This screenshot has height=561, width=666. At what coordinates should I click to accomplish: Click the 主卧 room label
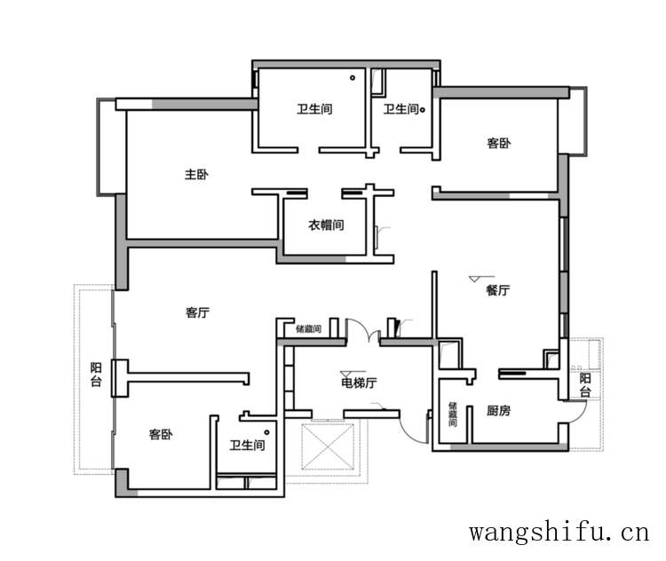pyautogui.click(x=196, y=175)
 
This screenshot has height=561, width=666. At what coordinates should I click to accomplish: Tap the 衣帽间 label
pyautogui.click(x=326, y=225)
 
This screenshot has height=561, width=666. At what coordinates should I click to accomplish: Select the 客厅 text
pyautogui.click(x=197, y=312)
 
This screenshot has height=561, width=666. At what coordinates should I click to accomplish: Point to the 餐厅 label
pyautogui.click(x=497, y=290)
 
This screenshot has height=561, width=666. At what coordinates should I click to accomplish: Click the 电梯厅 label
pyautogui.click(x=359, y=383)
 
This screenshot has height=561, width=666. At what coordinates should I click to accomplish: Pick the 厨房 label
pyautogui.click(x=498, y=411)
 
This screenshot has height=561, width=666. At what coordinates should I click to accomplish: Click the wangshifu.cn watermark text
pyautogui.click(x=559, y=533)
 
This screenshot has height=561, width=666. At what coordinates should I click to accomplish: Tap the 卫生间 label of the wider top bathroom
pyautogui.click(x=314, y=110)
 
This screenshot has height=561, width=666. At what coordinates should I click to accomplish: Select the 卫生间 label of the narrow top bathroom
pyautogui.click(x=400, y=110)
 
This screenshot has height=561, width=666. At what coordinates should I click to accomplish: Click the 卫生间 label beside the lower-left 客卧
pyautogui.click(x=247, y=446)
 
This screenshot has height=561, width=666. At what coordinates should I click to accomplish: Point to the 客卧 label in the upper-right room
pyautogui.click(x=499, y=143)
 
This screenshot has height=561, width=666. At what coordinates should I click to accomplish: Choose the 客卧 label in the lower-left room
pyautogui.click(x=161, y=435)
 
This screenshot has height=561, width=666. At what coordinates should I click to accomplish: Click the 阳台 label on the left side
pyautogui.click(x=96, y=374)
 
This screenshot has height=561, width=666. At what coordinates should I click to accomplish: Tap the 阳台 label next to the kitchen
pyautogui.click(x=585, y=385)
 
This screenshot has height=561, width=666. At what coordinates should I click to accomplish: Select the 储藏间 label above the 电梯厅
pyautogui.click(x=308, y=328)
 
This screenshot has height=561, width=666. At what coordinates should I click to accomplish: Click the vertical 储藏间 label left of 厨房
pyautogui.click(x=452, y=413)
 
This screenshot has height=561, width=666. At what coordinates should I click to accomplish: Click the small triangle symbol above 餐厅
pyautogui.click(x=474, y=280)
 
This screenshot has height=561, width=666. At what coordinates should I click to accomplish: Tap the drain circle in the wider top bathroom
pyautogui.click(x=353, y=79)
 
